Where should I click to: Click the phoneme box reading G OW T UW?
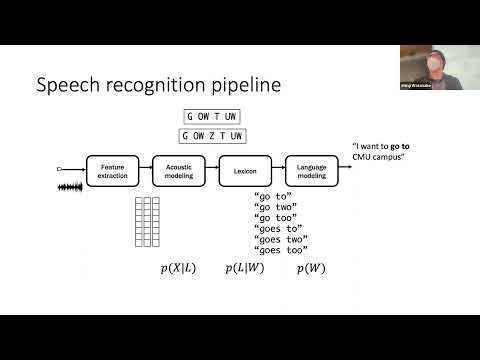(x=214, y=116)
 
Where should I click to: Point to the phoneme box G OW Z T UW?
(x=214, y=135)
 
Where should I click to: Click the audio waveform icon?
(x=74, y=186)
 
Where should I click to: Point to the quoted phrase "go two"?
(x=274, y=211)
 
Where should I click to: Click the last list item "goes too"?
(x=280, y=250)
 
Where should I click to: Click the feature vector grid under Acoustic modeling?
(x=147, y=221)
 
